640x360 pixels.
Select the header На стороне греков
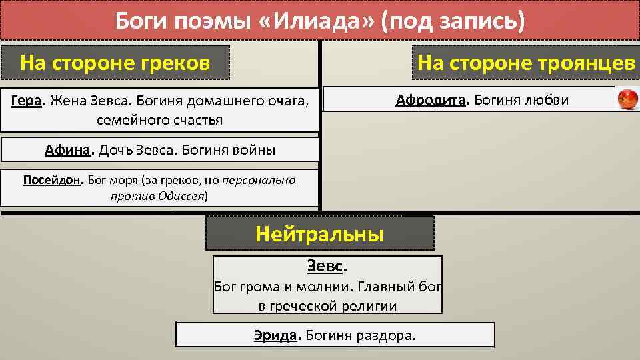tap(115, 63)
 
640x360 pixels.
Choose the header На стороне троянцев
tap(526, 63)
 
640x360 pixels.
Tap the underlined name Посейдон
tap(51, 180)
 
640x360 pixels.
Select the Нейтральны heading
tap(319, 234)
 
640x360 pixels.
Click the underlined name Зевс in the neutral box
tap(325, 266)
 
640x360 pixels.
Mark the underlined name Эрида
tap(275, 335)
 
